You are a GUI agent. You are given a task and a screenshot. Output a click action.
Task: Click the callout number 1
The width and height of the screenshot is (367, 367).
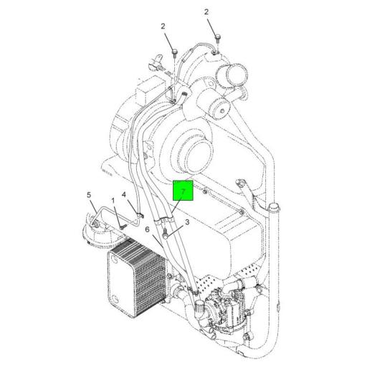tap(113, 201)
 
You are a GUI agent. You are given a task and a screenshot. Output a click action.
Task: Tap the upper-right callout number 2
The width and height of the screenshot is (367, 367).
tap(206, 12)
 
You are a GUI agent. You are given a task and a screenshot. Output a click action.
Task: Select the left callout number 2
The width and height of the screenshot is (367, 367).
tap(163, 27)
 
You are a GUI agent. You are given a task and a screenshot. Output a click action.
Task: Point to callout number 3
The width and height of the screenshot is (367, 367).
tap(187, 222)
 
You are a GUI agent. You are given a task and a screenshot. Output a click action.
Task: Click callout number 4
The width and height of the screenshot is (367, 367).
tap(124, 195)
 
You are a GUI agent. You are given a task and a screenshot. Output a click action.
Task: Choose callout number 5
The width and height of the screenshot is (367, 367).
tap(89, 195)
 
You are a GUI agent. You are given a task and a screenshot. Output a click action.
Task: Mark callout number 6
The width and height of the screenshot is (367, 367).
tap(147, 229)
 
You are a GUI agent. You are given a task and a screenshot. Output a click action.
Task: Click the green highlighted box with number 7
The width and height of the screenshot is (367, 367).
tap(183, 191)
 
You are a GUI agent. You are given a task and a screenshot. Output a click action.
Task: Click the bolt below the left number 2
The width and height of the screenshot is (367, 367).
tap(175, 53)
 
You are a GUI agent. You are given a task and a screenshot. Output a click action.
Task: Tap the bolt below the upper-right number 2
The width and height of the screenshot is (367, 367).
tap(218, 39)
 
